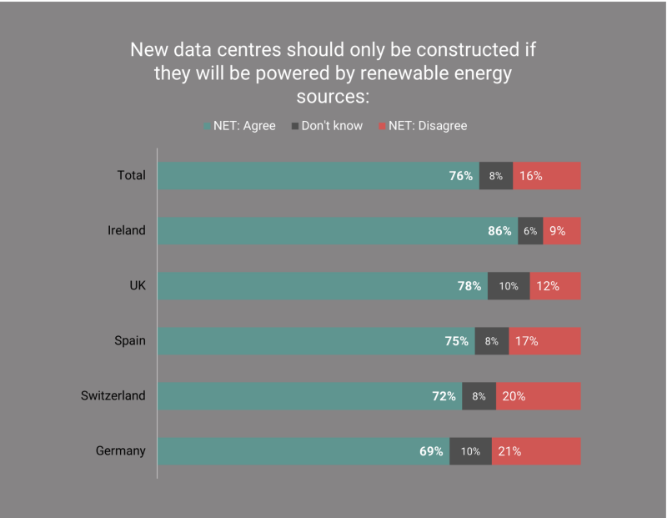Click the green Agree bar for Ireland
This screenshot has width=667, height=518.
pyautogui.click(x=338, y=231)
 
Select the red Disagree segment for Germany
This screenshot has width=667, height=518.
pyautogui.click(x=536, y=451)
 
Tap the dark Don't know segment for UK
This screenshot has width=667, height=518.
pyautogui.click(x=509, y=286)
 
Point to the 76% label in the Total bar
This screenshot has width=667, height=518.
pyautogui.click(x=461, y=176)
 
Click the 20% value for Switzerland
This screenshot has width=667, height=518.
pyautogui.click(x=514, y=396)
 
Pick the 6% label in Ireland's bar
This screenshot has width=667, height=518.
pyautogui.click(x=530, y=231)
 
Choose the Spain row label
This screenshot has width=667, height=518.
pyautogui.click(x=130, y=341)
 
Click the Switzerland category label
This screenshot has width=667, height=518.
pyautogui.click(x=113, y=396)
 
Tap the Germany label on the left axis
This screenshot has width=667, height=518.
pyautogui.click(x=120, y=450)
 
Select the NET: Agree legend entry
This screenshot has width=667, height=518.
pyautogui.click(x=239, y=126)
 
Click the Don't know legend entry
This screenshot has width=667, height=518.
pyautogui.click(x=327, y=126)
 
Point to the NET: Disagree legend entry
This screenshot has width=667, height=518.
pyautogui.click(x=423, y=126)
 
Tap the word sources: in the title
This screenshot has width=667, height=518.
pyautogui.click(x=333, y=97)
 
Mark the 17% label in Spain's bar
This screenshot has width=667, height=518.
pyautogui.click(x=526, y=341)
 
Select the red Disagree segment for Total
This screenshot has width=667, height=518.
pyautogui.click(x=547, y=176)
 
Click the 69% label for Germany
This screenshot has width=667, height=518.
pyautogui.click(x=431, y=451)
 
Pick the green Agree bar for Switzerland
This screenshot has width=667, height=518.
pyautogui.click(x=309, y=396)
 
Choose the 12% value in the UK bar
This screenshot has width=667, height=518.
pyautogui.click(x=548, y=286)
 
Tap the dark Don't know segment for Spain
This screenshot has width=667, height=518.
pyautogui.click(x=492, y=341)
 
